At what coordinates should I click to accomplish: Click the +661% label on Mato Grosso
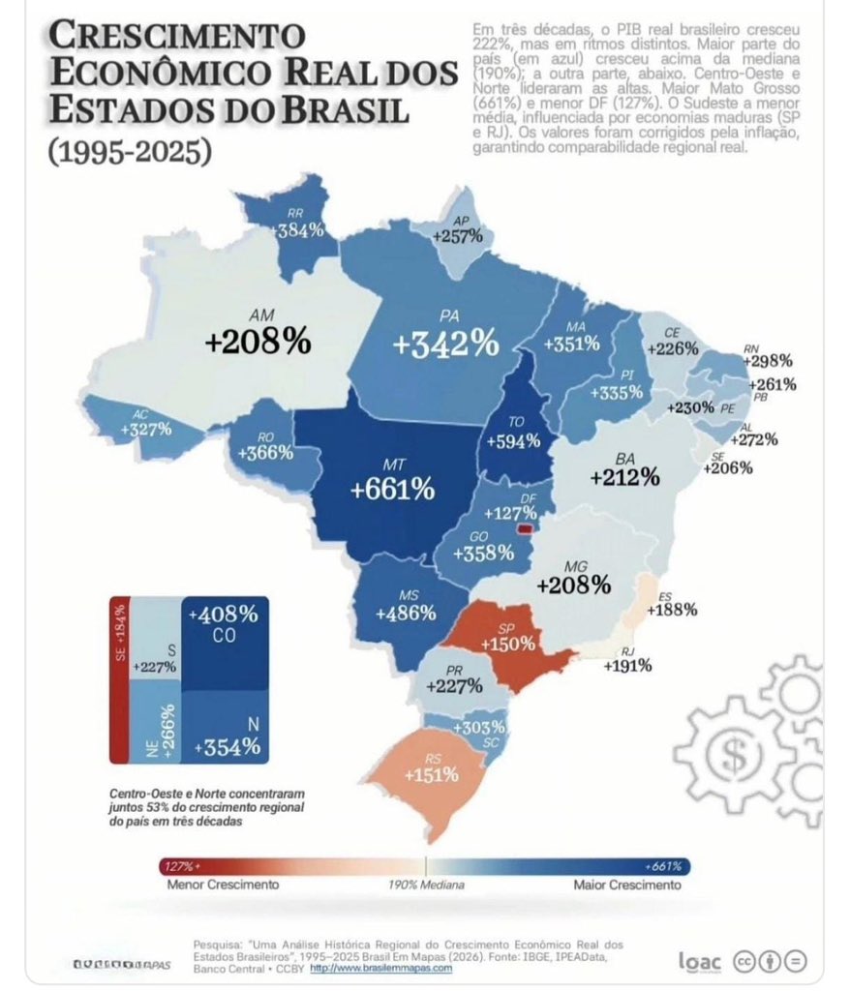click(x=392, y=490)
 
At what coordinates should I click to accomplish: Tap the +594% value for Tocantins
click(x=512, y=441)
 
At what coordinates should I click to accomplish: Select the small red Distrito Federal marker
click(x=526, y=530)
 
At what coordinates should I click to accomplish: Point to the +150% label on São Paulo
click(x=509, y=645)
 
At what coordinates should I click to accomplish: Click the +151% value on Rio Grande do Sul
click(x=432, y=775)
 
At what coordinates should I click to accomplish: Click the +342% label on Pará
click(x=445, y=343)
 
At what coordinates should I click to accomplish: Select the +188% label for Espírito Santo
click(x=672, y=610)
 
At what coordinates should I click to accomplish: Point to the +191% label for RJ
click(x=627, y=666)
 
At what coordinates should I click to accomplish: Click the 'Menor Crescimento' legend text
click(x=223, y=885)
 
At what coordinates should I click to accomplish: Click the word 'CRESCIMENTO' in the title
click(x=175, y=37)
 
